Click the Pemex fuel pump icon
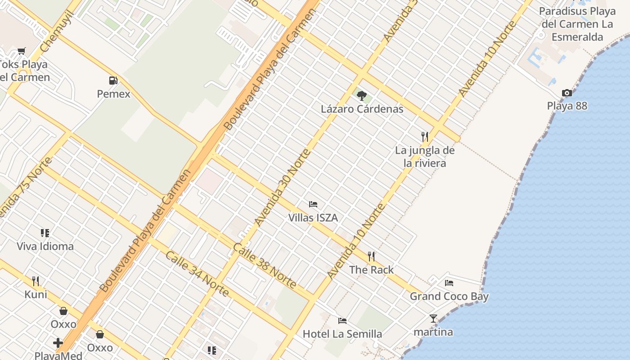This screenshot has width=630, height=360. [x=113, y=81]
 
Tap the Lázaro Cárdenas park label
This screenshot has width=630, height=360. [x=362, y=109]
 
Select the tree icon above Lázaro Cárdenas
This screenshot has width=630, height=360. [x=361, y=95]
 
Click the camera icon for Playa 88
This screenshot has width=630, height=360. [x=567, y=93]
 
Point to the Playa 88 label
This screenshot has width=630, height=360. [x=567, y=106]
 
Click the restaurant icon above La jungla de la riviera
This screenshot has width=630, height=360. [x=424, y=136]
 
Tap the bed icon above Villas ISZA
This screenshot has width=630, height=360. [x=313, y=204]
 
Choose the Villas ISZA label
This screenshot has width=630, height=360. [x=313, y=218]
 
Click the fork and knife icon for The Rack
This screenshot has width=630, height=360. [x=371, y=256]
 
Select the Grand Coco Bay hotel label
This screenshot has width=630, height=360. [x=449, y=296]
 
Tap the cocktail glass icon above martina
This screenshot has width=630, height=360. [x=433, y=319]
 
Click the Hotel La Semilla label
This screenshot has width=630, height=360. [x=342, y=334]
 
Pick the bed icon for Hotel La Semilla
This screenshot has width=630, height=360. [x=342, y=321]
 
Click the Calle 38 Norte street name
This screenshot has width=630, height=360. [x=265, y=265]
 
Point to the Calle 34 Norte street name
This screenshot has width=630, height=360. [x=198, y=274]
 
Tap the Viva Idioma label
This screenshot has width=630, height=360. [x=45, y=246]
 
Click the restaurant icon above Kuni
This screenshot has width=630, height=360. [x=36, y=281]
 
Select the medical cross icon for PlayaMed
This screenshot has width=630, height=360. [x=58, y=343]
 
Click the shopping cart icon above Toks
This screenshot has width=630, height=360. [x=21, y=51]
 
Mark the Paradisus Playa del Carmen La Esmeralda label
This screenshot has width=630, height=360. [x=577, y=24]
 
